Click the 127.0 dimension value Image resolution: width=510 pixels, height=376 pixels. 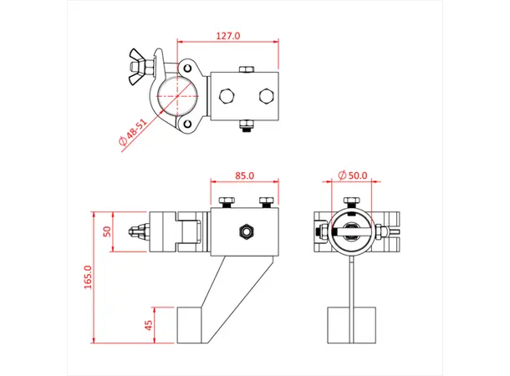(x=227, y=36)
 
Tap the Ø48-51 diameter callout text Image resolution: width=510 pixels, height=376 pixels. (x=134, y=133)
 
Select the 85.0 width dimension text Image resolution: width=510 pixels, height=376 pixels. (x=245, y=175)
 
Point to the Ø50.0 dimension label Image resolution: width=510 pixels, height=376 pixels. (x=353, y=175)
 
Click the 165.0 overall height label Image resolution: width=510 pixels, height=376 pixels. (x=88, y=277)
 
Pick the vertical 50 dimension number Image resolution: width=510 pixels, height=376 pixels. (x=106, y=231)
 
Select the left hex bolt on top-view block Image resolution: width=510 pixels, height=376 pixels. (x=226, y=95)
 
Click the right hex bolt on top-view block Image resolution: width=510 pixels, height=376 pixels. (x=267, y=95)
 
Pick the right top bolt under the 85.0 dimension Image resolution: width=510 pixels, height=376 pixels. (x=267, y=201)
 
